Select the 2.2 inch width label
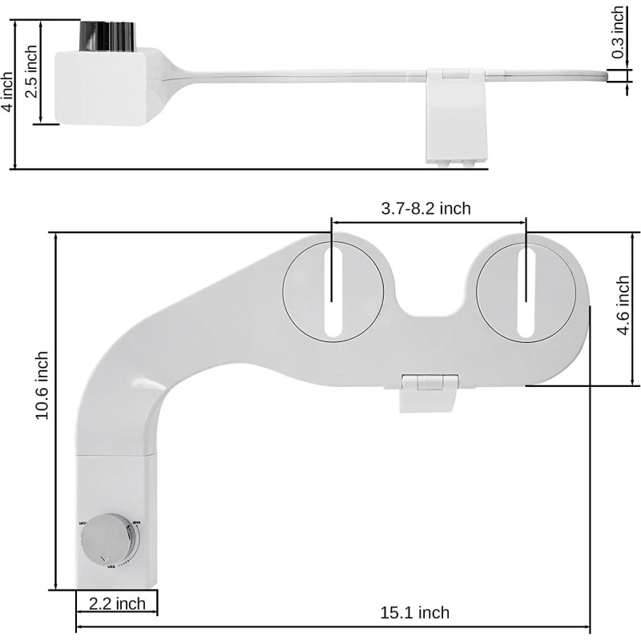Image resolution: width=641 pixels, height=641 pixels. click(x=117, y=603)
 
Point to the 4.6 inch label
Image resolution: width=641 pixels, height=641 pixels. click(x=623, y=308)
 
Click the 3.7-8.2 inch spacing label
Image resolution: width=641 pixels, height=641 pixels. click(x=425, y=208)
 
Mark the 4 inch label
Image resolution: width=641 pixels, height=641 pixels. click(x=7, y=92)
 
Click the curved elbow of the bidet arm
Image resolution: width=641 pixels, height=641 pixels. click(x=120, y=377)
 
